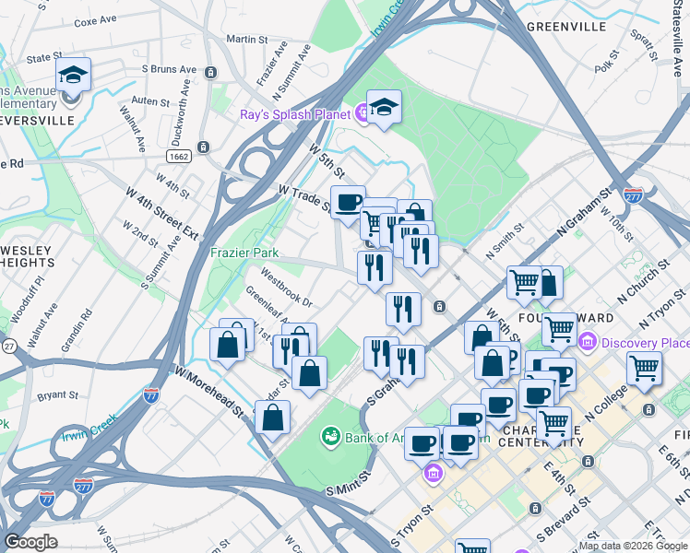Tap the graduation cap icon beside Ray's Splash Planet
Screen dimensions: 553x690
pyautogui.click(x=384, y=106)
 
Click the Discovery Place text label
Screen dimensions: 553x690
pyautogui.click(x=645, y=343)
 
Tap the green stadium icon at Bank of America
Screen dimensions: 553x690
pyautogui.click(x=329, y=434)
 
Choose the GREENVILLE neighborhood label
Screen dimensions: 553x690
pyautogui.click(x=566, y=27)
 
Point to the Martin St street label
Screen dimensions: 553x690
pyautogui.click(x=246, y=40)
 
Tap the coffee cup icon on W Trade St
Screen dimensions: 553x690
pyautogui.click(x=347, y=203)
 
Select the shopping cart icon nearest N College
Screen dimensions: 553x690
pyautogui.click(x=644, y=369)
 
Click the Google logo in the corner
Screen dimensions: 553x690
pyautogui.click(x=30, y=542)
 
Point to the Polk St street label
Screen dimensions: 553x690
pyautogui.click(x=604, y=66)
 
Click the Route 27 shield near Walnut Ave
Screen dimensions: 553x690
pyautogui.click(x=8, y=346)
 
